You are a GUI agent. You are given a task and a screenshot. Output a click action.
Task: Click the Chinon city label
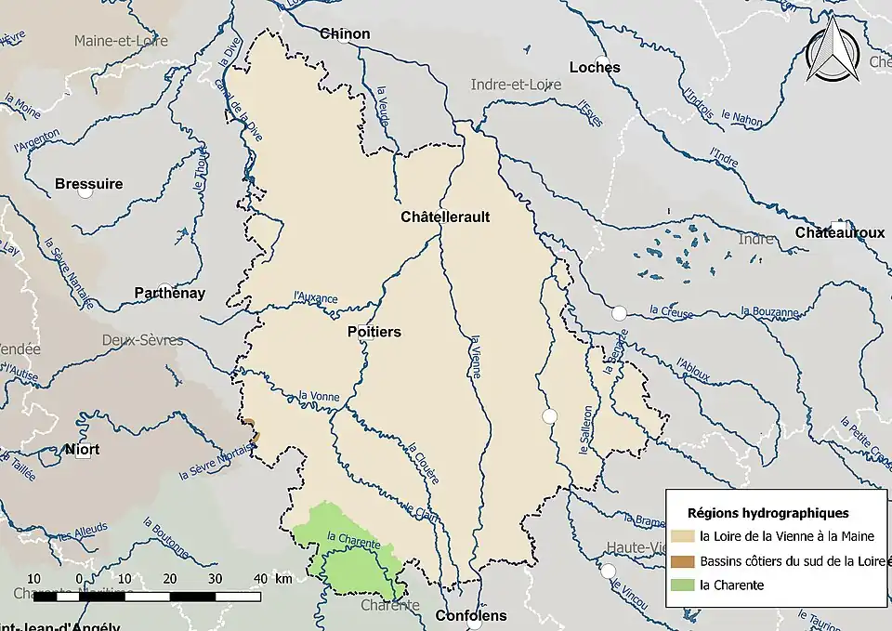(345, 33)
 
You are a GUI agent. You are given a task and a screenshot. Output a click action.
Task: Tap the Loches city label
(595, 67)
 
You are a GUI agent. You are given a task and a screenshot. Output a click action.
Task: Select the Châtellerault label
(445, 217)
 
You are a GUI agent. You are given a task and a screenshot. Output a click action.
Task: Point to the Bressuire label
(88, 183)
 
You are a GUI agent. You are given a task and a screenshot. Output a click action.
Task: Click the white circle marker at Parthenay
(164, 289)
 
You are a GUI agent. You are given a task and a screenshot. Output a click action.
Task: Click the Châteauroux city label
(839, 232)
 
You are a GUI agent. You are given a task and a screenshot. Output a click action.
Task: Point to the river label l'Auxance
(315, 298)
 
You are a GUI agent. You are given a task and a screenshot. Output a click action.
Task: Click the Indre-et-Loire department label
(516, 85)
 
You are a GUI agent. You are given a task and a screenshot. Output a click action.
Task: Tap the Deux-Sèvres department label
(143, 340)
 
